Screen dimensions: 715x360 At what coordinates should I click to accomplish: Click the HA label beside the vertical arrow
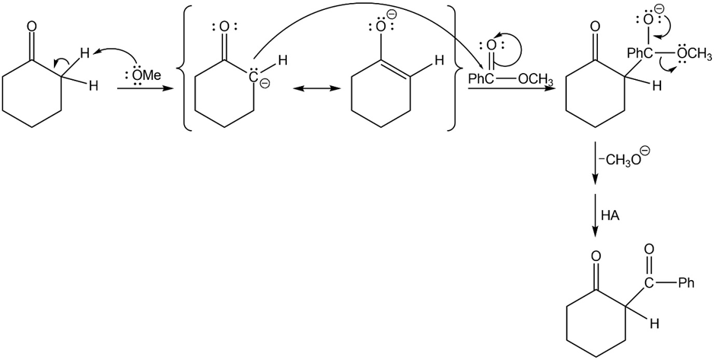click(x=610, y=216)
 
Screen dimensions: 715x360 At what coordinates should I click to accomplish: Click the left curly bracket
click(x=186, y=68)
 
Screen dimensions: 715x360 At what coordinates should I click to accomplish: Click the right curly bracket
click(x=452, y=68)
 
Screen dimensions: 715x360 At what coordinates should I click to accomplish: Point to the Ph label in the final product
click(x=687, y=283)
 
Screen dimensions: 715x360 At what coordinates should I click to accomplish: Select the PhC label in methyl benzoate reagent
click(x=481, y=81)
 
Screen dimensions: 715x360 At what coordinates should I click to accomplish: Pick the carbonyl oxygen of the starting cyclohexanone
click(x=31, y=27)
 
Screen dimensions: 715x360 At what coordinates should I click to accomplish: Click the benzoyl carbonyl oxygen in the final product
click(x=650, y=249)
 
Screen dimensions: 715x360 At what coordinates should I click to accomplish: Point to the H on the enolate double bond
click(x=439, y=61)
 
